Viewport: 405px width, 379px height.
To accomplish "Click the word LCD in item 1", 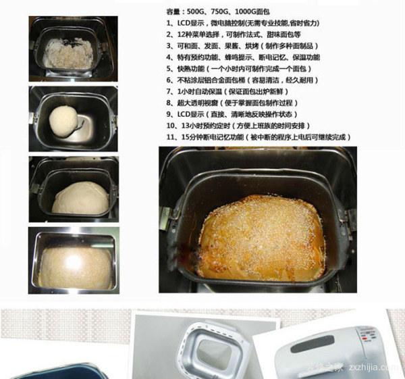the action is click(x=184, y=23).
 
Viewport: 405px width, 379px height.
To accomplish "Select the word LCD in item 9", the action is click(x=184, y=114).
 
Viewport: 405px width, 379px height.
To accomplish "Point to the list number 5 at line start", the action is click(x=169, y=69).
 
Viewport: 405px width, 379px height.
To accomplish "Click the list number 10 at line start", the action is click(x=171, y=126).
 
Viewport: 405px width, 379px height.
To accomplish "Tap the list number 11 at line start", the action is click(x=171, y=137).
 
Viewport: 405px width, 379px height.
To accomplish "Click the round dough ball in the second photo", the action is click(x=63, y=121).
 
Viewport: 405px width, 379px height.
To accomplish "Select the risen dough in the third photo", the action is click(x=80, y=198).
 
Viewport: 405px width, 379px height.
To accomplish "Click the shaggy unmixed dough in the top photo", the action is click(x=68, y=53).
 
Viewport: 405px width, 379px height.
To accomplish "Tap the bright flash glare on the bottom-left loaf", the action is click(x=74, y=261).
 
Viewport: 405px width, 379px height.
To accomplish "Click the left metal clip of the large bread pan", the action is click(x=166, y=218).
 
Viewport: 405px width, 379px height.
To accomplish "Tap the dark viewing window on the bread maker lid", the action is click(x=312, y=344).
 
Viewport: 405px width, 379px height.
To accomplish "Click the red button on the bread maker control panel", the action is click(x=364, y=338).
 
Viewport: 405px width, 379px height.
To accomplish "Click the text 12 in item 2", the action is click(x=180, y=34).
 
